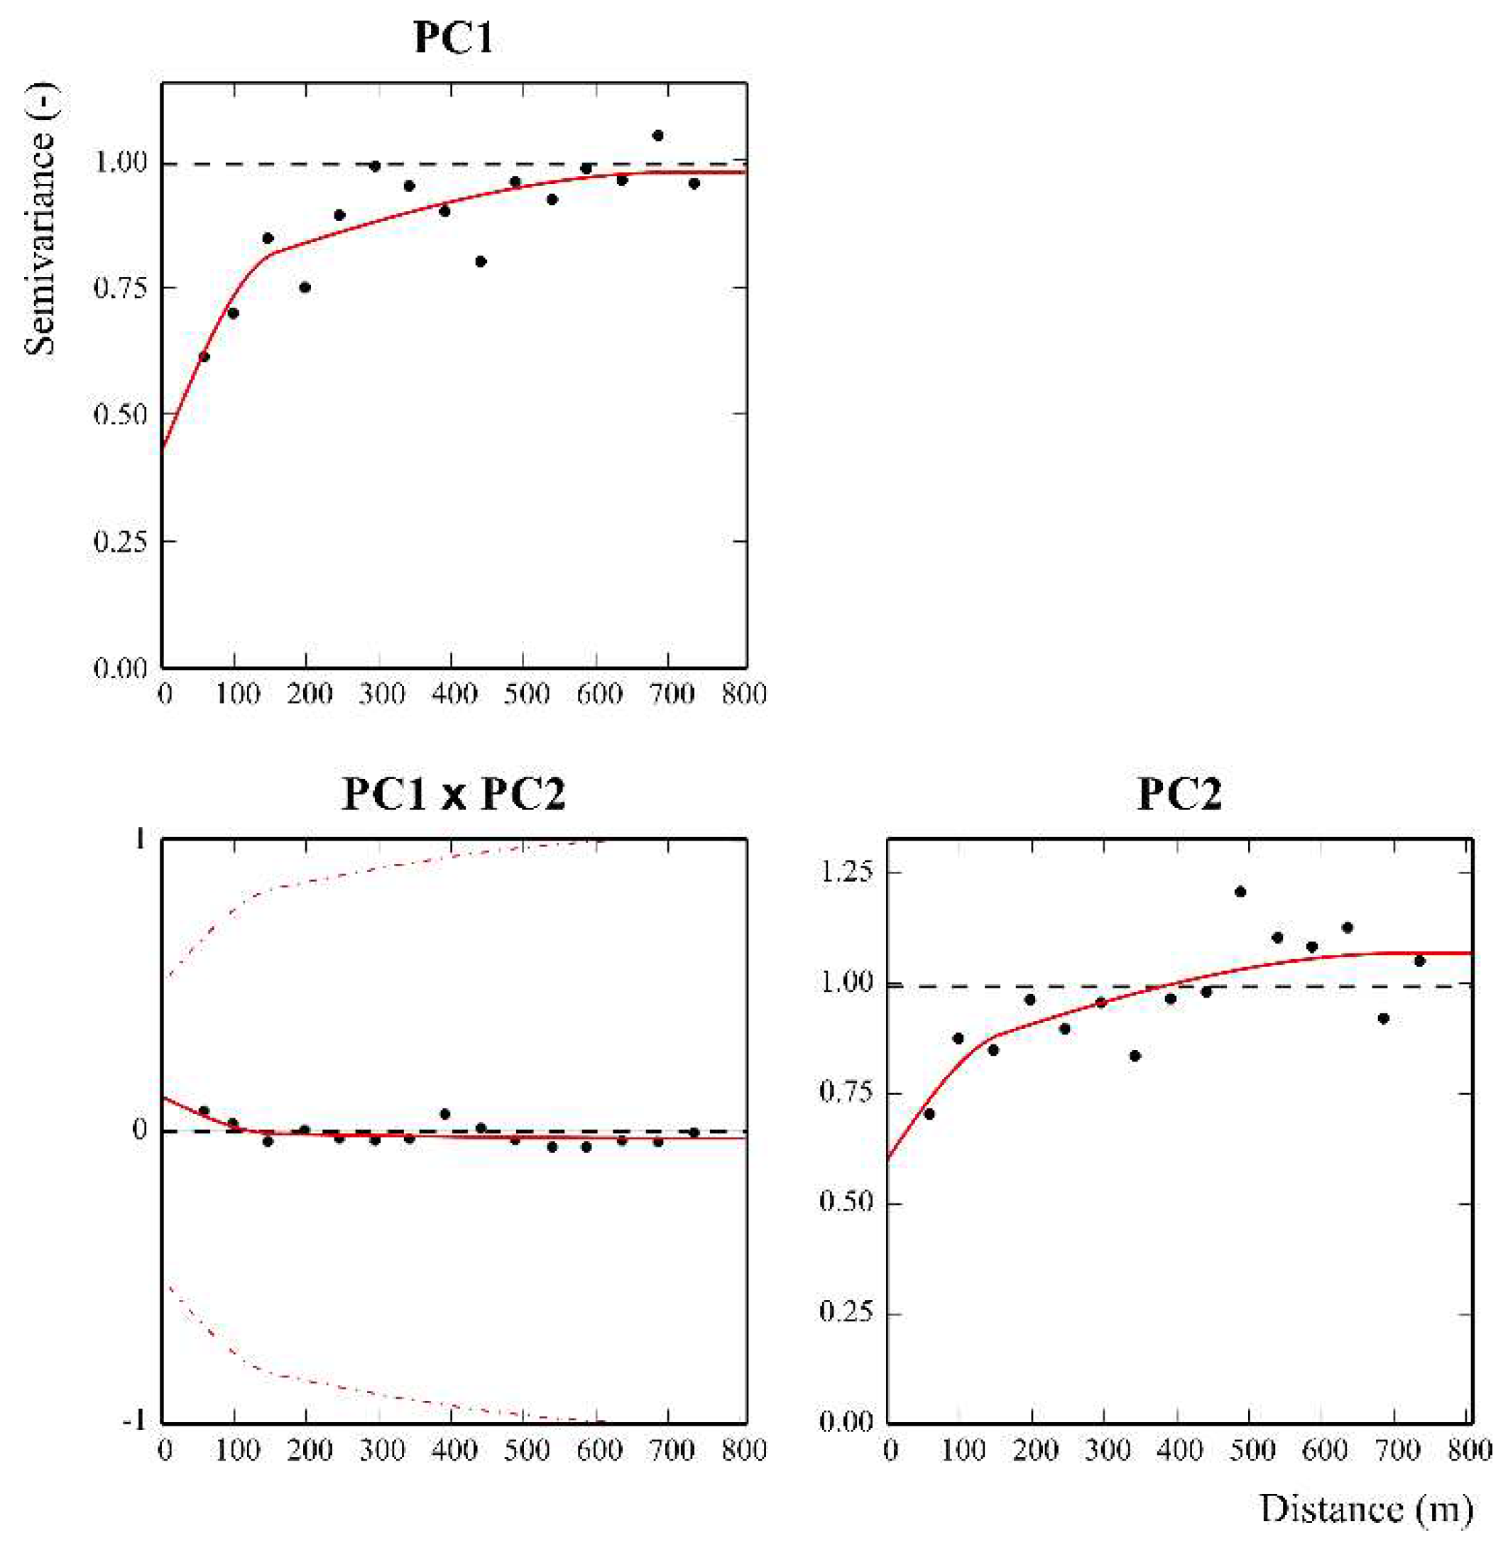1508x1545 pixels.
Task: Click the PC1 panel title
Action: pyautogui.click(x=454, y=37)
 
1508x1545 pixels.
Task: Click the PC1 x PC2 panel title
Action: pyautogui.click(x=454, y=795)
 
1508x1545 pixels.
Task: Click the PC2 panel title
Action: pyautogui.click(x=1179, y=795)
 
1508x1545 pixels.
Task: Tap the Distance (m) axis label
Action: pyautogui.click(x=1366, y=1509)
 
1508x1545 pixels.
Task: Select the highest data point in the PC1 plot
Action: pyautogui.click(x=657, y=136)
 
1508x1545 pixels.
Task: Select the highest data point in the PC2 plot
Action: pyautogui.click(x=1240, y=892)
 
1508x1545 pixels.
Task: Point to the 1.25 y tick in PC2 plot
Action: pyautogui.click(x=845, y=873)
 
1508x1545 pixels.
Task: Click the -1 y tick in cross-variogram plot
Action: pyautogui.click(x=135, y=1421)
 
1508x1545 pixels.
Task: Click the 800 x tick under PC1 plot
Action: pyautogui.click(x=745, y=694)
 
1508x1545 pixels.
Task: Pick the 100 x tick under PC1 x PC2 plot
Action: pyautogui.click(x=237, y=1450)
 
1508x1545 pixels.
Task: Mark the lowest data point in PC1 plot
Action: pyautogui.click(x=204, y=356)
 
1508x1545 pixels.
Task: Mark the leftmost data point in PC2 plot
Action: pyautogui.click(x=929, y=1113)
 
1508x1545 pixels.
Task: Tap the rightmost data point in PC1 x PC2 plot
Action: pyautogui.click(x=694, y=1132)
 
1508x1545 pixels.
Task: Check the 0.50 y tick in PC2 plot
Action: pyautogui.click(x=845, y=1203)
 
